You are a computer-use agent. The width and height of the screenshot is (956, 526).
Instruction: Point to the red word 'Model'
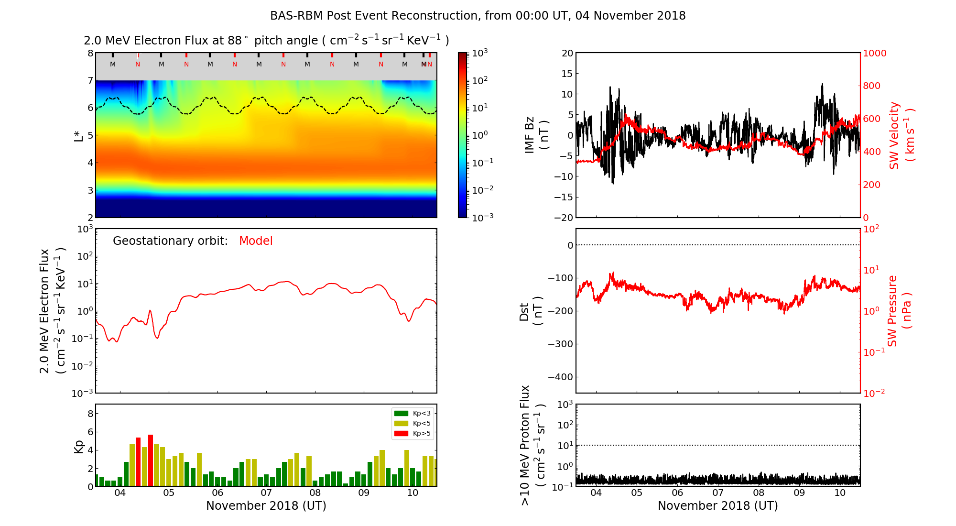[256, 241]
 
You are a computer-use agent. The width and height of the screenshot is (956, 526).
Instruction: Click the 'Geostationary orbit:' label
[170, 241]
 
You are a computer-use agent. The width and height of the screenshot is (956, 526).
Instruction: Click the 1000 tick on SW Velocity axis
[874, 53]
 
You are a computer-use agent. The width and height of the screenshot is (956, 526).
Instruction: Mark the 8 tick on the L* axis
[90, 53]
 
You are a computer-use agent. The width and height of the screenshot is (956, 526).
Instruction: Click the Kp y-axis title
[79, 446]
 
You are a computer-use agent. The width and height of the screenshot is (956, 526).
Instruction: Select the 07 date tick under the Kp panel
[266, 493]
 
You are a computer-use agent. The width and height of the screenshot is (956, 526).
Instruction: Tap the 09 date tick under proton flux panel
[799, 493]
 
